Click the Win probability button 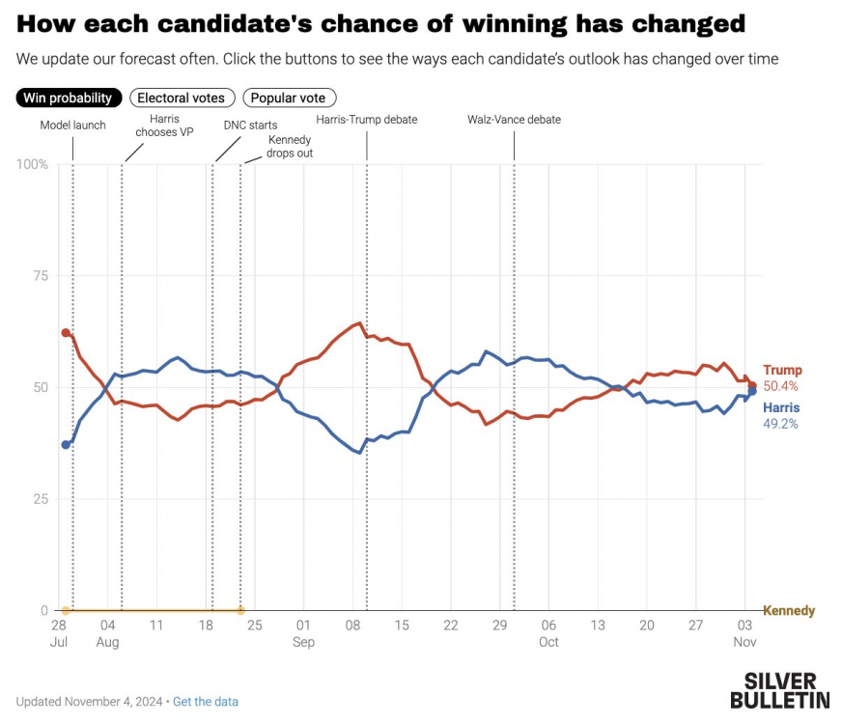point(70,97)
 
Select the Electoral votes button point(181,97)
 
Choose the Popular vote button point(289,97)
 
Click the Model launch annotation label point(73,125)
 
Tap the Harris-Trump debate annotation point(367,120)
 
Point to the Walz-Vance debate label point(514,120)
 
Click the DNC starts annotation point(250,125)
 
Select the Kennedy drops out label point(290,147)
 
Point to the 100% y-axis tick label point(32,165)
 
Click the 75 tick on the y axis point(41,276)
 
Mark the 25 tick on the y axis point(41,499)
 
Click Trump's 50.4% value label point(781,386)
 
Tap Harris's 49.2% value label point(781,424)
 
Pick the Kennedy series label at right point(789,611)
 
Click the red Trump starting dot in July point(66,333)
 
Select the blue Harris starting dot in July point(66,445)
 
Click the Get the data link point(206,702)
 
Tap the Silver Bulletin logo point(779,690)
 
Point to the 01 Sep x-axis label point(303,633)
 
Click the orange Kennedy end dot point(240,611)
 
